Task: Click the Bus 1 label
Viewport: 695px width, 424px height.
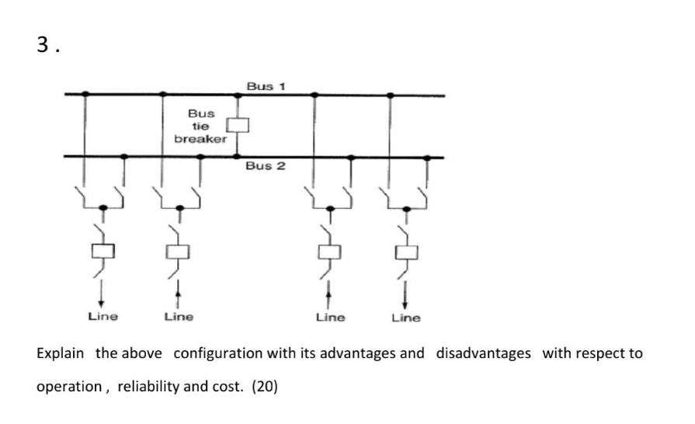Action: point(266,85)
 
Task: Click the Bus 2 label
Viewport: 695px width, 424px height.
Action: point(266,165)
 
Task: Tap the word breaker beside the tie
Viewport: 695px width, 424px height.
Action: point(200,138)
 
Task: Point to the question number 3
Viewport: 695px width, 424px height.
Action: point(43,45)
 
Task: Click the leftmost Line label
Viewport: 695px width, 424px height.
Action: point(103,316)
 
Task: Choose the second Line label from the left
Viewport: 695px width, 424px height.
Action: point(179,316)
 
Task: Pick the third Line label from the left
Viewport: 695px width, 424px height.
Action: point(330,317)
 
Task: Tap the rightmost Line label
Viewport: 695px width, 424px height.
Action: point(405,317)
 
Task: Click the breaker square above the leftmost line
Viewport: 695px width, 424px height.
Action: point(103,251)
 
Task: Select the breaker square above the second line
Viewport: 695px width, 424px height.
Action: point(179,251)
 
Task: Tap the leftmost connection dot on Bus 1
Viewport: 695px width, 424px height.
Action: point(85,94)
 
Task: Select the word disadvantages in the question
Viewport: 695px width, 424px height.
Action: point(483,353)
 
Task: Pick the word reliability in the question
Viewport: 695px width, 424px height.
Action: point(147,386)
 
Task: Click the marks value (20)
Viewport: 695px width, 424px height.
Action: point(264,386)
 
